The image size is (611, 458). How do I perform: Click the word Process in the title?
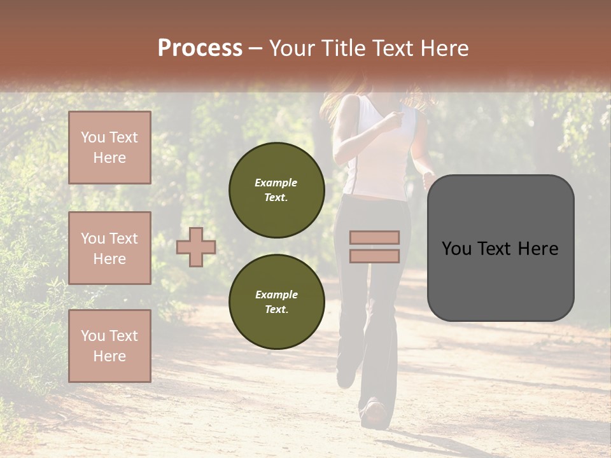coord(200,48)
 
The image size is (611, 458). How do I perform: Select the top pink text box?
coord(109,148)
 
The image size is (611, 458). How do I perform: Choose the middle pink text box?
coord(109,248)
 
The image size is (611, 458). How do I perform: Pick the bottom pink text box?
coord(109,346)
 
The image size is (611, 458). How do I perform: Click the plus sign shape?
coord(196,247)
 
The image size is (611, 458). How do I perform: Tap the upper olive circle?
coord(276,190)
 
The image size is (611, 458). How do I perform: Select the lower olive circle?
coord(276,302)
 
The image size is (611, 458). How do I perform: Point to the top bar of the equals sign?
coord(374,238)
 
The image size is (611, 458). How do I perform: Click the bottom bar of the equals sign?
coord(374,256)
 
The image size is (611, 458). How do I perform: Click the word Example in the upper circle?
coord(276,183)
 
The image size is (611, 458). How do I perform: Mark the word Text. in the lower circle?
coord(276,310)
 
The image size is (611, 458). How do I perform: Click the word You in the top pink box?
coord(92,137)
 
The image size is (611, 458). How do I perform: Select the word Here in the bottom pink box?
coord(109,356)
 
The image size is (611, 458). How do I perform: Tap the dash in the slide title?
coord(256,48)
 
